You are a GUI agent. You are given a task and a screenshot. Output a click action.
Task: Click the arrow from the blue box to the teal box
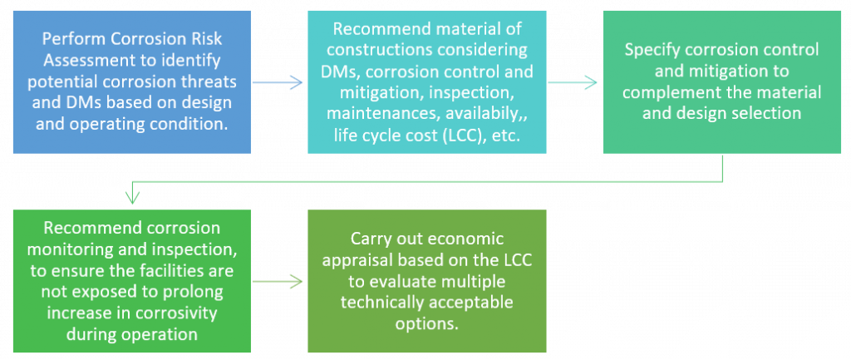278,81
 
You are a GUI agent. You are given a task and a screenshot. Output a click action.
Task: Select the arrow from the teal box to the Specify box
574,81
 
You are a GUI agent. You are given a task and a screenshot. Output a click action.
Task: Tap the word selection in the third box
767,113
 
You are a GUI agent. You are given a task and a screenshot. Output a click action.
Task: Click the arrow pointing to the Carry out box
278,282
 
